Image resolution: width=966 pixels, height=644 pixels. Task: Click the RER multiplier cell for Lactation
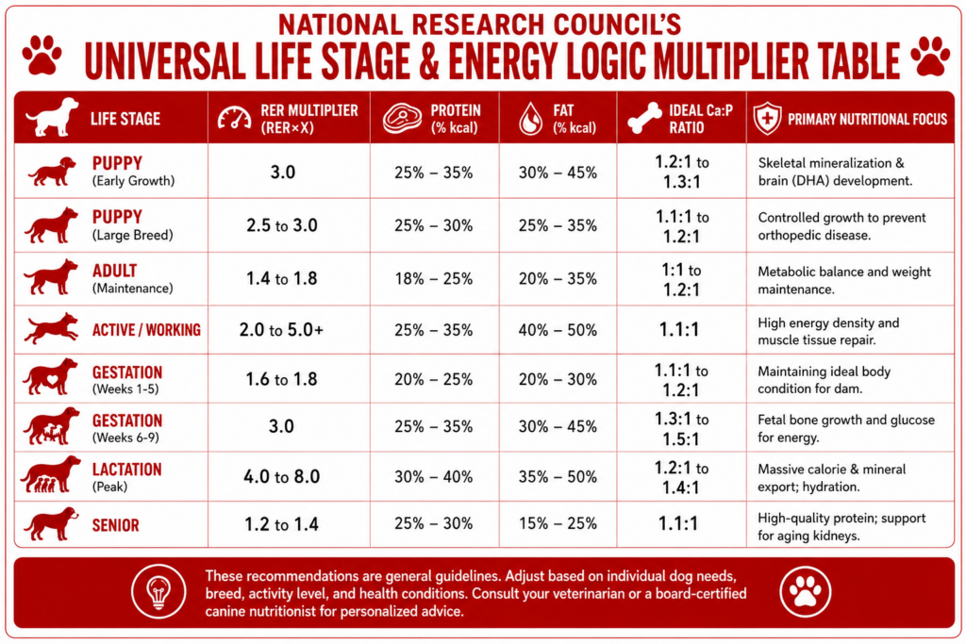point(281,476)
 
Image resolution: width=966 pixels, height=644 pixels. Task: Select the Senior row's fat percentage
point(558,524)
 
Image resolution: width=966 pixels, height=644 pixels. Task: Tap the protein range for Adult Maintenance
point(434,279)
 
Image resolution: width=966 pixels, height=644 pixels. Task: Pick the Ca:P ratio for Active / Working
point(679,329)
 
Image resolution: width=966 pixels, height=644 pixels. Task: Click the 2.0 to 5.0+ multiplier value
point(281,330)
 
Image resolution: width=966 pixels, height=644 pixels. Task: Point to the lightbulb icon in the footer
point(158,591)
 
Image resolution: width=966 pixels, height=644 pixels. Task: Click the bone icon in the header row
point(644,118)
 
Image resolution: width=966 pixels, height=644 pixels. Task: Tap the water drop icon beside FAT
point(530,118)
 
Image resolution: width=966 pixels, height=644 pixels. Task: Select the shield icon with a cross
point(767,118)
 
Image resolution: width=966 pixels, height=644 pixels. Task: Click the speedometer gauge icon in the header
point(234,118)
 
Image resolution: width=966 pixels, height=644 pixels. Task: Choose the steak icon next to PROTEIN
point(402,118)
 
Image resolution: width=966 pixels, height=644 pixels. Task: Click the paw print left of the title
point(42,56)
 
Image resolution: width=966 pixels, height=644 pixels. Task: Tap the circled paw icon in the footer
point(806,591)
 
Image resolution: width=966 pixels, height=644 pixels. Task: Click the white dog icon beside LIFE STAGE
point(52,117)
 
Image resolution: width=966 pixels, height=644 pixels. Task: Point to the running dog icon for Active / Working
point(52,328)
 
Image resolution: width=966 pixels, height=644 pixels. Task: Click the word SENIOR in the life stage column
point(116,525)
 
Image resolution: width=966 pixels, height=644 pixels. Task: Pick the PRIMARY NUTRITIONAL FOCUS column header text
point(868,119)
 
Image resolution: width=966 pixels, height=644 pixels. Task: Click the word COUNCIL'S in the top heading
point(617,24)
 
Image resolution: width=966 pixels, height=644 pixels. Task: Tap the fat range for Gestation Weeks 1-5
point(558,379)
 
